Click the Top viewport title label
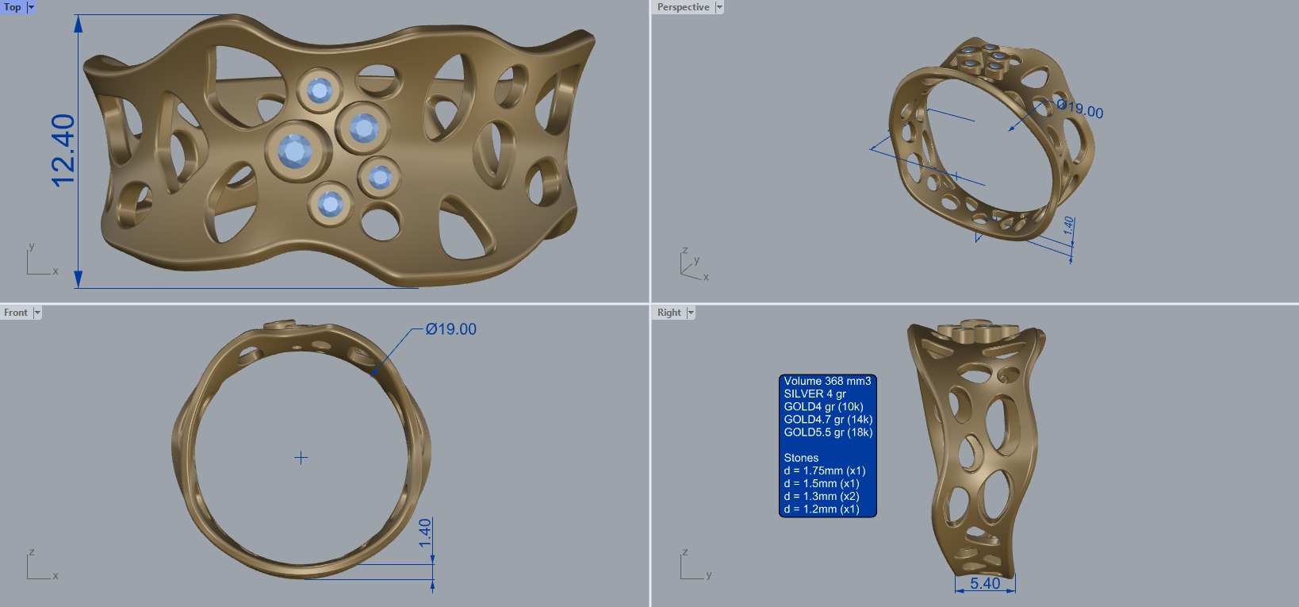(13, 7)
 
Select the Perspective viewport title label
(683, 7)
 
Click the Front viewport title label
(16, 313)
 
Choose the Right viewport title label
(669, 313)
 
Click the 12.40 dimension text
(63, 151)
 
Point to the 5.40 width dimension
(985, 584)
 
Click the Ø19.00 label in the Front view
(450, 329)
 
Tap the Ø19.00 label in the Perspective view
(1080, 109)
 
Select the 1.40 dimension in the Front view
(425, 532)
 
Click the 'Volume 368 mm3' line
(827, 381)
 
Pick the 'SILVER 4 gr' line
(814, 394)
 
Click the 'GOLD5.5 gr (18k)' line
(828, 432)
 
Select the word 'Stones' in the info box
(801, 458)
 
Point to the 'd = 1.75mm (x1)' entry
(824, 471)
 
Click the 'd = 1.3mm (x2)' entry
(822, 496)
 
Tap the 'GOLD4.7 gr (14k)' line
(828, 420)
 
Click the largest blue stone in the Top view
(295, 150)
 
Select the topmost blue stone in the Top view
(320, 90)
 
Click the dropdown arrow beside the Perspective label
(719, 7)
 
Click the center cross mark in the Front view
(301, 458)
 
